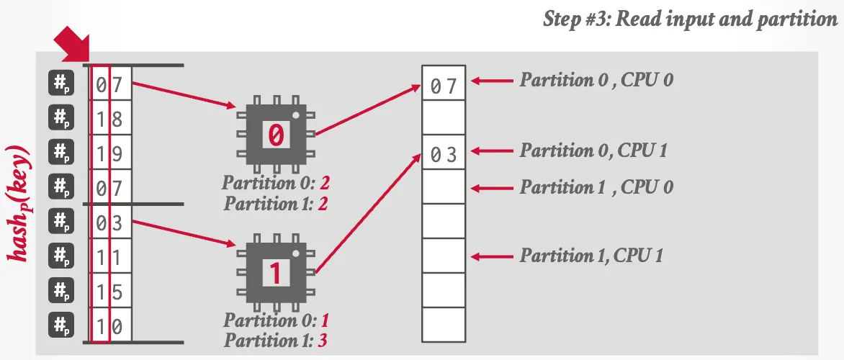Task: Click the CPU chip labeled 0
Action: [x=276, y=134]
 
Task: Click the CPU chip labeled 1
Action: [x=276, y=273]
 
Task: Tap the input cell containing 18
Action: [x=110, y=119]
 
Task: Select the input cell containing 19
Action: [x=110, y=153]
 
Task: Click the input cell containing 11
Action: [x=110, y=257]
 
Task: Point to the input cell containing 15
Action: [x=110, y=292]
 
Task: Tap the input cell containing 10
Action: [x=110, y=326]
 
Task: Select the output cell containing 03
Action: [x=444, y=155]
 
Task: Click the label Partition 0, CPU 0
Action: [x=597, y=80]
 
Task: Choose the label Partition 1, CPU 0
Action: [x=597, y=187]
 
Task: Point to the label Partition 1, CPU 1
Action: [x=592, y=255]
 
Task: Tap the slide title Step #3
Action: [x=689, y=19]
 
